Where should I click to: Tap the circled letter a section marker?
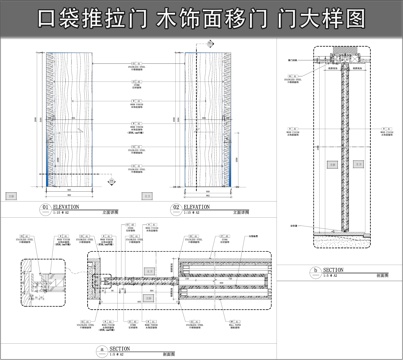coord(100,348)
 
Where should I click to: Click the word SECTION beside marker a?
coord(120,348)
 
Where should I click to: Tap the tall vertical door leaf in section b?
coord(340,150)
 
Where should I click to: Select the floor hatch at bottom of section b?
coord(340,237)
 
